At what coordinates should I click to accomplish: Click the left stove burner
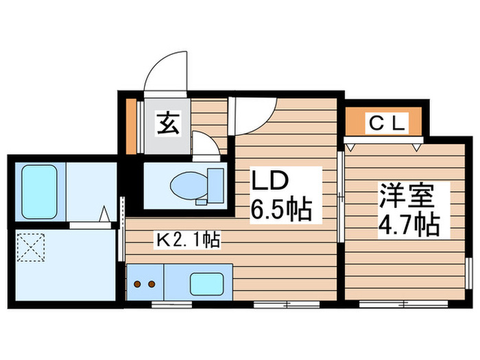[137, 283]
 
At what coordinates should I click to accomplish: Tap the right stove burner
[150, 283]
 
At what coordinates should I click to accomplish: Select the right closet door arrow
[416, 145]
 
